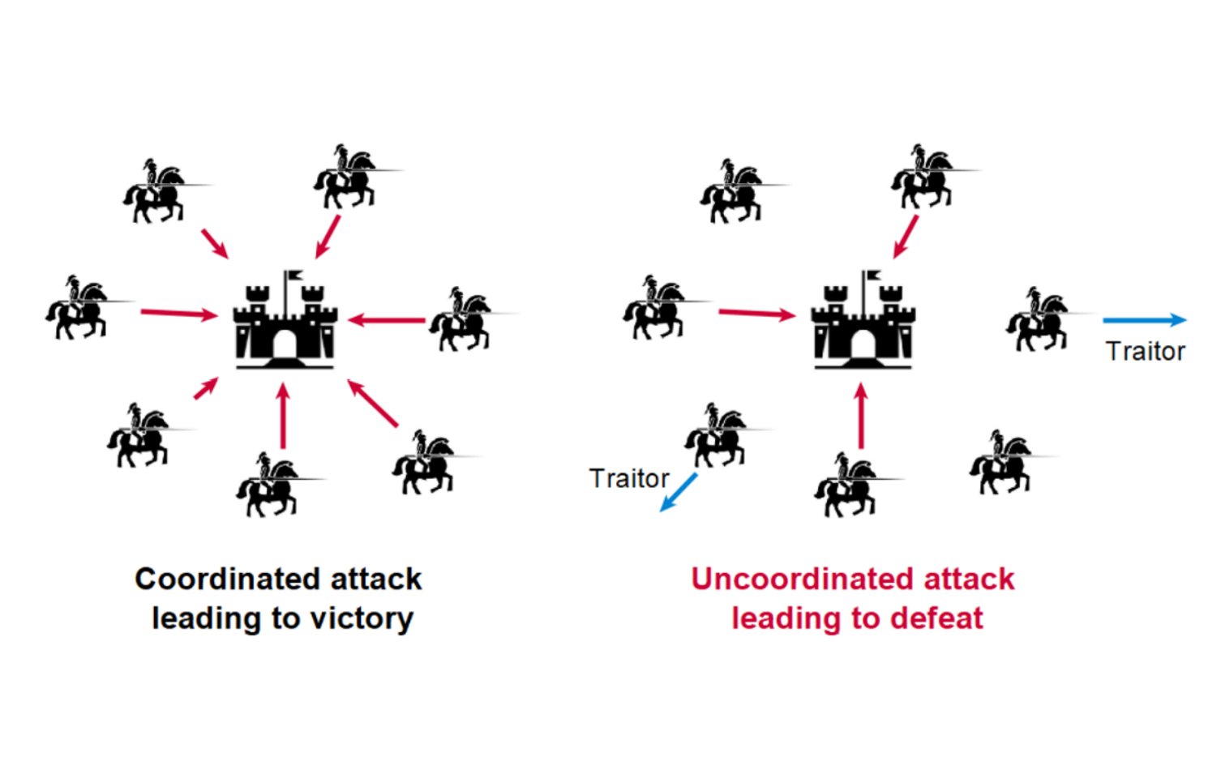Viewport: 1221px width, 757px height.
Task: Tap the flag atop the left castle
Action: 295,276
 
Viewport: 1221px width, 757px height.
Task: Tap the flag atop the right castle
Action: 872,276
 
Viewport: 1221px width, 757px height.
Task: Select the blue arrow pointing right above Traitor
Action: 1145,320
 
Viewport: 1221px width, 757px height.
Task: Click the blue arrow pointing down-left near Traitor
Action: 678,493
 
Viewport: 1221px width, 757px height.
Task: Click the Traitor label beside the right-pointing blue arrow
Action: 1146,352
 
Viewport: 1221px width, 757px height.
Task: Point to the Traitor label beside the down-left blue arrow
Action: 629,478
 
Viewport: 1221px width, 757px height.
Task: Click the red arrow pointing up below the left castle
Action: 282,416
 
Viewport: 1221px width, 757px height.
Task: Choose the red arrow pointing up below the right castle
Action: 861,416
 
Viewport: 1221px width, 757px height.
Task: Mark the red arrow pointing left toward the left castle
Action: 386,320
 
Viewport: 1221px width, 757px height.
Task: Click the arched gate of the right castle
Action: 863,344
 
